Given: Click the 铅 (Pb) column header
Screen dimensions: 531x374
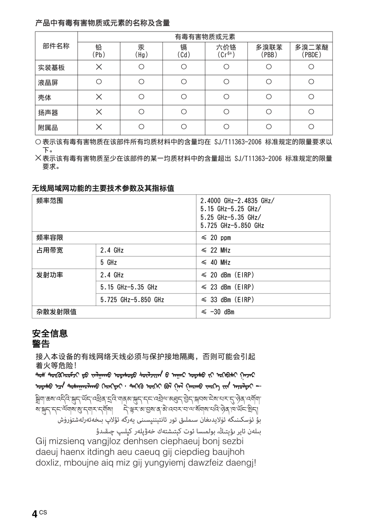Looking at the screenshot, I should [99, 51].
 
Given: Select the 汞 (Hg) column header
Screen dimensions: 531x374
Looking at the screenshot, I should [141, 51].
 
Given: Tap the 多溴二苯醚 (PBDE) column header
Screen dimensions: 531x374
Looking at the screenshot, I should [311, 51].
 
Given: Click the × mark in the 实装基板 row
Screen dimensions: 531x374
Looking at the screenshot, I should [99, 67].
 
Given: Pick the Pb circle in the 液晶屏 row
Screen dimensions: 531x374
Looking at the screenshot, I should [99, 82].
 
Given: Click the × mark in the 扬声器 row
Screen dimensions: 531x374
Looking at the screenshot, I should [99, 112].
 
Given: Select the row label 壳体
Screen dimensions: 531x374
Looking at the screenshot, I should [45, 97].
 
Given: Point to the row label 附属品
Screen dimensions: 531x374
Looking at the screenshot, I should [48, 127].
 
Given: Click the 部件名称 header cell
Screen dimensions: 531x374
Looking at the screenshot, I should [56, 46].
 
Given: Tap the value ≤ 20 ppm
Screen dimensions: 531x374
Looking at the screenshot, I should [215, 238].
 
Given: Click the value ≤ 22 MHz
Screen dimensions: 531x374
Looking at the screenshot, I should [215, 250].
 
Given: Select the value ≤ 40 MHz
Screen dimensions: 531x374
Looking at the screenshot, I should [215, 262].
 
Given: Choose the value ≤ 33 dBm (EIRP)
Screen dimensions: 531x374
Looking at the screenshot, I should [227, 299].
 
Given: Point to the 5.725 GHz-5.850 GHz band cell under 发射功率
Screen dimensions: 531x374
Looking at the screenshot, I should [132, 299].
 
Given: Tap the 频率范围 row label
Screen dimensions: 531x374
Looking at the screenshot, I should [49, 201].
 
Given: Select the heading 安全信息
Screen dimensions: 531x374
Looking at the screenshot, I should [50, 333].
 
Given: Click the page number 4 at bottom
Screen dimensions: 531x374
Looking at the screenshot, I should [35, 514].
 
